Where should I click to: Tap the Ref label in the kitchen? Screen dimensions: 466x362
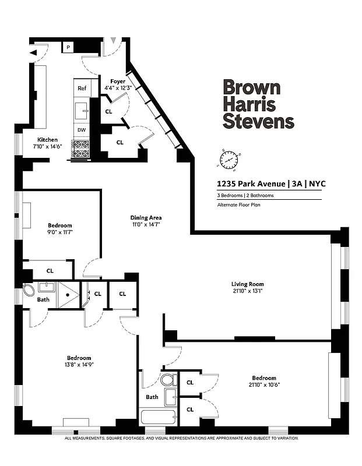pos(82,88)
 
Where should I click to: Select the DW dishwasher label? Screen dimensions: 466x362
pos(82,130)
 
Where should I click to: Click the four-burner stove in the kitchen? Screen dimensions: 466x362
pos(80,149)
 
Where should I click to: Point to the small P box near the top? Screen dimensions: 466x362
pos(68,47)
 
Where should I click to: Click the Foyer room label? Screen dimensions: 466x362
pos(118,81)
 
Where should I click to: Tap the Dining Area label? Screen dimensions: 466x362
pos(146,218)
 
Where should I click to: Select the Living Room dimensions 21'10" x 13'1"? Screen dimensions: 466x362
pos(248,291)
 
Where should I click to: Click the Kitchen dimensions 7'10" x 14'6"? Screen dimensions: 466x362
pos(48,147)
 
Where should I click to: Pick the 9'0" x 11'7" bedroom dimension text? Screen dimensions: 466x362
pos(59,232)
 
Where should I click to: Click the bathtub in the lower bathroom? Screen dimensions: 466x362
pos(157,418)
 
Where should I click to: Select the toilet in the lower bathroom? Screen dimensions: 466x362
pos(168,380)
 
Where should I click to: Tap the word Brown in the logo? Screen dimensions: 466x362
pos(252,88)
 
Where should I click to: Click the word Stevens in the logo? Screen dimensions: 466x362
pos(259,122)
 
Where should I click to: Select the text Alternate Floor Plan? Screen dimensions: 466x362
pos(238,205)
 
